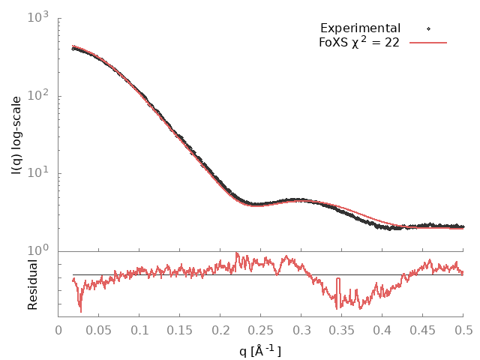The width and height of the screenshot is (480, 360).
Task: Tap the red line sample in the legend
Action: click(428, 43)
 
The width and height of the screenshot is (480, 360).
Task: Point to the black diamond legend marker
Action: click(428, 28)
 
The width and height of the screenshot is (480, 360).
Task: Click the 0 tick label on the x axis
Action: click(58, 330)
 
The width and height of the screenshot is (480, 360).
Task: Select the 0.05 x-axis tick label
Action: click(99, 330)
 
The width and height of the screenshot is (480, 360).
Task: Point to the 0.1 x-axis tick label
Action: click(139, 330)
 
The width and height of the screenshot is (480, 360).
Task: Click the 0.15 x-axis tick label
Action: click(180, 330)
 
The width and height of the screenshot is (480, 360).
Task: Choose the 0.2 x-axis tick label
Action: click(220, 330)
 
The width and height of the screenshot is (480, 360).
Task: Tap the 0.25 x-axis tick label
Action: click(261, 330)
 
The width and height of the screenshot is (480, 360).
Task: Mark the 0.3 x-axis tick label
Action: click(301, 330)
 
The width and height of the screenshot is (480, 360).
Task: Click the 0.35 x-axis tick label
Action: click(342, 330)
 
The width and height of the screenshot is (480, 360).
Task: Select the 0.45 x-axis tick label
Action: click(423, 330)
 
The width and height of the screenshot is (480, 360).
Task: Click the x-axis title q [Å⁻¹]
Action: click(260, 349)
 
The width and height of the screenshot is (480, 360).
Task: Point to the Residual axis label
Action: click(33, 284)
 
